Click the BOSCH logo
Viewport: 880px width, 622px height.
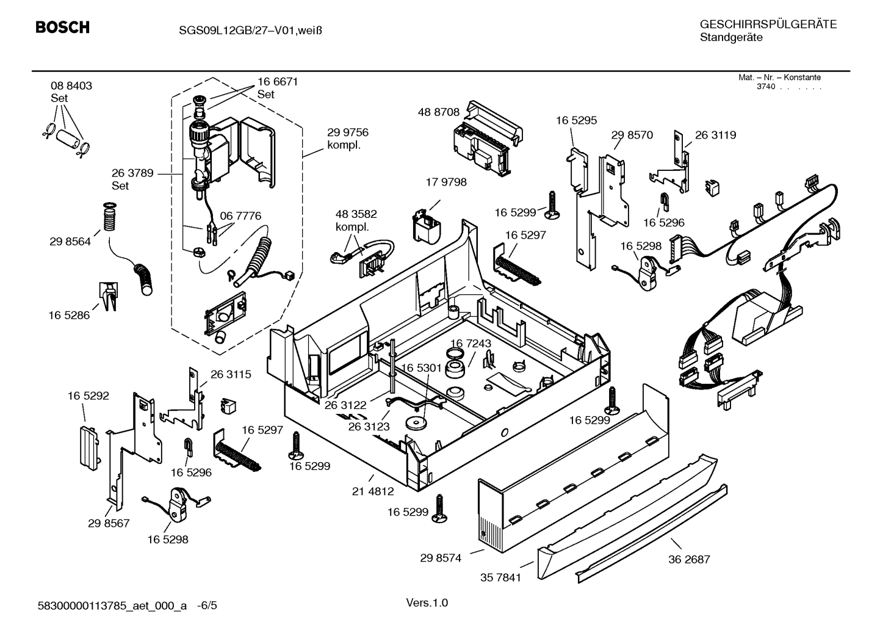[62, 27]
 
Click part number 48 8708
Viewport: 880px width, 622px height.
[438, 112]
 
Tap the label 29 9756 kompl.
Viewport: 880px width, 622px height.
[347, 139]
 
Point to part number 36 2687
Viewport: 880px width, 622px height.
[689, 559]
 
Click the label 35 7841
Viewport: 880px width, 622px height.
[500, 577]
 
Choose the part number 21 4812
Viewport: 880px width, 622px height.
[372, 491]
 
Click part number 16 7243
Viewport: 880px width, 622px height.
[471, 344]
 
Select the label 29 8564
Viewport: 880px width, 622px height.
[70, 242]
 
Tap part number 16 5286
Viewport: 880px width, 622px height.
[68, 315]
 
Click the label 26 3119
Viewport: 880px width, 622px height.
[715, 135]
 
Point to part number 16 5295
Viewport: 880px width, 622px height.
[575, 121]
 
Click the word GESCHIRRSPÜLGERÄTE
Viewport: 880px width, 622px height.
[768, 24]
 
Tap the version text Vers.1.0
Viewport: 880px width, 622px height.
[427, 603]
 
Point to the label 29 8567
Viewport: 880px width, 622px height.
[109, 523]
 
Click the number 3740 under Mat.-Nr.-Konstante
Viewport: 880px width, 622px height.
[765, 87]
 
